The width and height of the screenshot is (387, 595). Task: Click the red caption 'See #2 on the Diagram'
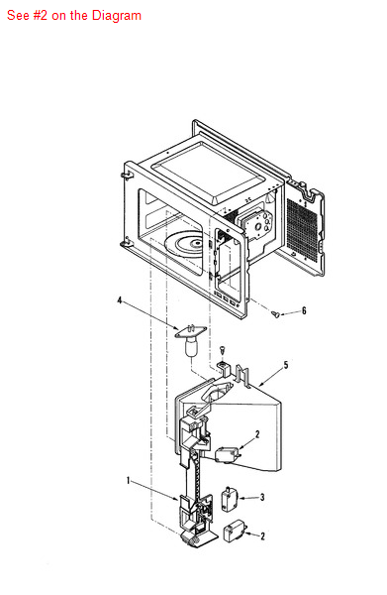(x=74, y=16)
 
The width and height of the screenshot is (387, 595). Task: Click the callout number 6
(x=304, y=311)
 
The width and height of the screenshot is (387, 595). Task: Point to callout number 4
(x=120, y=298)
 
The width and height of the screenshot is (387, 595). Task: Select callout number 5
(x=286, y=366)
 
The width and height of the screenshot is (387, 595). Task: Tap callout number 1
(x=129, y=481)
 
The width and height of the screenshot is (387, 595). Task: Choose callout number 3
(x=261, y=497)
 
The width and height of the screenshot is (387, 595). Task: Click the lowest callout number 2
(x=261, y=535)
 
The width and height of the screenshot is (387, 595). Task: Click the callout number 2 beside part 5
(x=257, y=433)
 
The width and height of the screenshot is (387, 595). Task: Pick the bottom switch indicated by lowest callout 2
(x=236, y=532)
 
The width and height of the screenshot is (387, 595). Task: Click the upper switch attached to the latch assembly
(x=225, y=452)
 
